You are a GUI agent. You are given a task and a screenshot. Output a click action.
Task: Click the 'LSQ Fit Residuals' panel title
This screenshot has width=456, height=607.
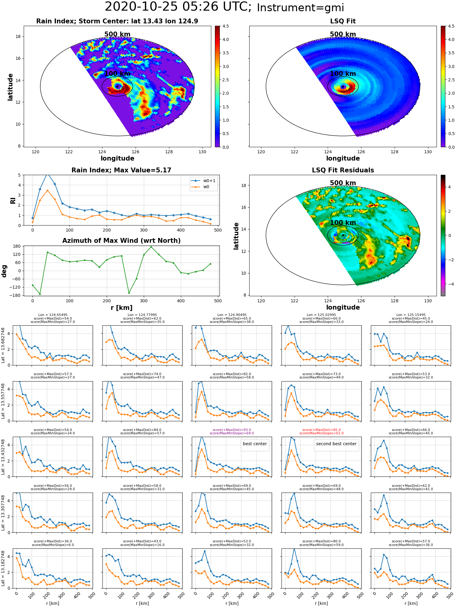(x=343, y=170)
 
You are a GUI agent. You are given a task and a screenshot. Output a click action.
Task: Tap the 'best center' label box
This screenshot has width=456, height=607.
(x=255, y=444)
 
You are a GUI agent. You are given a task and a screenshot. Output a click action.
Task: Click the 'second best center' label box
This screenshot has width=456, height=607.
(x=336, y=444)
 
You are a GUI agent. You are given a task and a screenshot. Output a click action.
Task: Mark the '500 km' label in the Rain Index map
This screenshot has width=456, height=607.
(x=117, y=34)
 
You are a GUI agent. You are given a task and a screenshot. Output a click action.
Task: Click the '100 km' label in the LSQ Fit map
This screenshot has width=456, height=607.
(x=343, y=74)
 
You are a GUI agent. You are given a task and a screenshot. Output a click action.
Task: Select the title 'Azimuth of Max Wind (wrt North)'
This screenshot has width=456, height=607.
(x=121, y=241)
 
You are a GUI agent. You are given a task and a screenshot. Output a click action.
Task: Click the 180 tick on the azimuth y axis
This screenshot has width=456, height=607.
(x=17, y=246)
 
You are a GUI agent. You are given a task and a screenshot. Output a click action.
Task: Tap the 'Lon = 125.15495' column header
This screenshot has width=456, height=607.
(x=411, y=315)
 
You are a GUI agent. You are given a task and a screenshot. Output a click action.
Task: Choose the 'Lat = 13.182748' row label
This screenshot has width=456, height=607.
(x=3, y=568)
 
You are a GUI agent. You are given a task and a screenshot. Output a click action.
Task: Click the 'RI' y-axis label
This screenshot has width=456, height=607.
(x=13, y=200)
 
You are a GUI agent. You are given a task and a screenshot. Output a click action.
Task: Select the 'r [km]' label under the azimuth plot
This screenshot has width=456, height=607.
(x=121, y=308)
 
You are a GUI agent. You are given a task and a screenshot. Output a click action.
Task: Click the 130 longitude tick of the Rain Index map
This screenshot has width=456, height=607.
(x=202, y=152)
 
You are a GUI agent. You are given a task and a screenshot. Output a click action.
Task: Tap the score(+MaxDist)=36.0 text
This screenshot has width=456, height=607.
(x=53, y=541)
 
